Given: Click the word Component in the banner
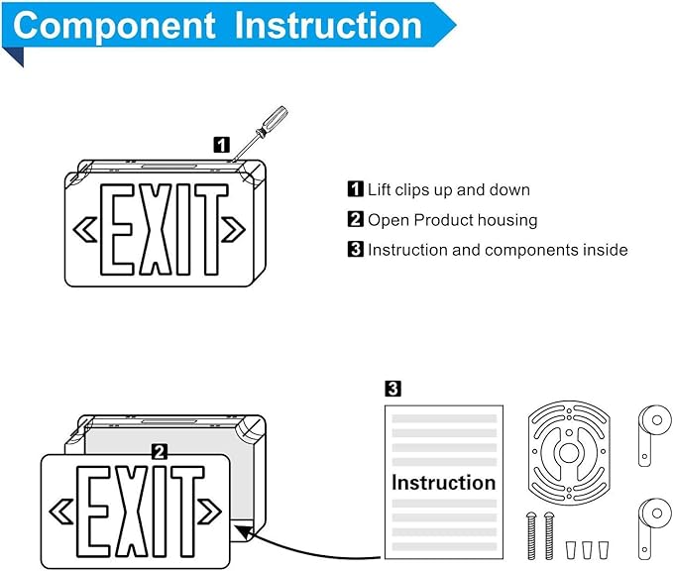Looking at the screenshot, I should point(114,26).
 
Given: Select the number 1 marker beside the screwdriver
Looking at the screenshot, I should point(222,145).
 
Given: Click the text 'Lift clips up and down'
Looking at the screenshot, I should point(448,189).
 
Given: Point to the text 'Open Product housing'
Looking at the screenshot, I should point(452,220).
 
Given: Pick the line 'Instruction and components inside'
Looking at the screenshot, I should point(498,250).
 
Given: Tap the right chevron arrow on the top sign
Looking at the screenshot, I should point(234,229).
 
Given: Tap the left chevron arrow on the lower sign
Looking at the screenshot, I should point(62,512).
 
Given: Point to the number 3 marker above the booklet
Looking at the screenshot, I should point(393,388).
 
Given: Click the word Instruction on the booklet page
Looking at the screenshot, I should point(443,483).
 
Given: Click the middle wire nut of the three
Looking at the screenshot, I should point(585,547).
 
